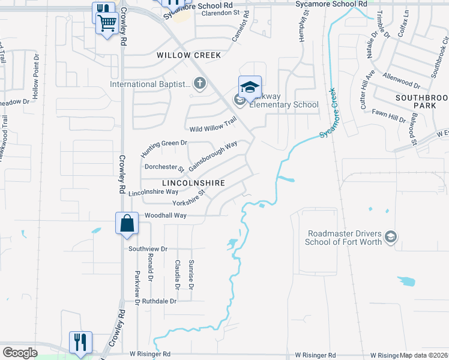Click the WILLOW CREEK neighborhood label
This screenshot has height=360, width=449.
pyautogui.click(x=189, y=55)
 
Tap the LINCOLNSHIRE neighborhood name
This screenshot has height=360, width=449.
pyautogui.click(x=193, y=182)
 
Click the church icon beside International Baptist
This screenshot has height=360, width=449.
pyautogui.click(x=199, y=84)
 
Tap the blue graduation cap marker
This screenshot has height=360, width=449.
pyautogui.click(x=250, y=88)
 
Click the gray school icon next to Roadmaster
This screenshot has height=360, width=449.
pyautogui.click(x=391, y=238)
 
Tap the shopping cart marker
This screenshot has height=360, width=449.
pyautogui.click(x=107, y=25)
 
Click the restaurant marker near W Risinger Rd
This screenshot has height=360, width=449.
pyautogui.click(x=80, y=342)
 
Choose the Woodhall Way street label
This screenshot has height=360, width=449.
pyautogui.click(x=165, y=215)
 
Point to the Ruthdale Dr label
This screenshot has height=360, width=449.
pyautogui.click(x=160, y=301)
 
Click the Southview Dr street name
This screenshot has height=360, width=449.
pyautogui.click(x=146, y=248)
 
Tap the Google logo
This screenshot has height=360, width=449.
pyautogui.click(x=20, y=352)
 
